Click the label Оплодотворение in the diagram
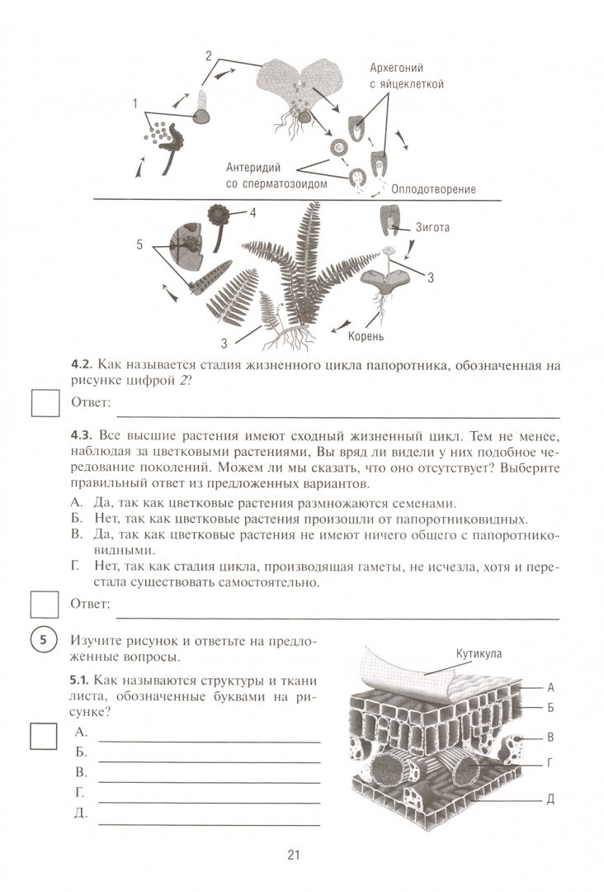[x=434, y=189]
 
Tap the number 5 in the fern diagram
[x=139, y=244]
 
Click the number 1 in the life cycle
[x=134, y=104]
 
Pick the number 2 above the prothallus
[x=209, y=55]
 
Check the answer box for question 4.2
[x=45, y=404]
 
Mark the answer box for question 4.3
[x=45, y=606]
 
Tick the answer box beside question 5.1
[x=45, y=736]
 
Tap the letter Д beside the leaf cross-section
[x=549, y=800]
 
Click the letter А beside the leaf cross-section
[x=549, y=686]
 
